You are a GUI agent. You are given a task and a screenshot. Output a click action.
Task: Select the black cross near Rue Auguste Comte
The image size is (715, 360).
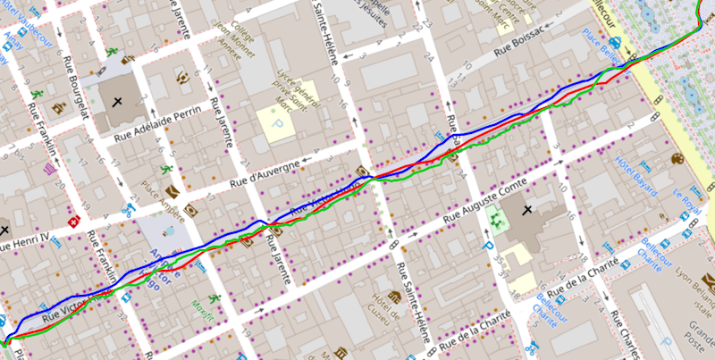[526, 210]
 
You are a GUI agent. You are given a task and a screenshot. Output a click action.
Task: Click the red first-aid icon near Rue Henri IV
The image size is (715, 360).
[75, 220]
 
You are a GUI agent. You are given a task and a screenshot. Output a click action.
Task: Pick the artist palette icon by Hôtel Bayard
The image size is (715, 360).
[676, 160]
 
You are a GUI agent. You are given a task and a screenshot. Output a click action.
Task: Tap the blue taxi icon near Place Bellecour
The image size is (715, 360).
[616, 42]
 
